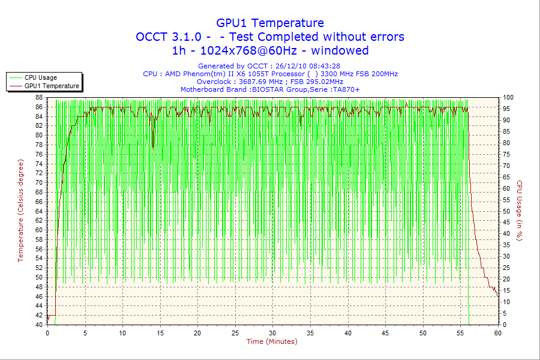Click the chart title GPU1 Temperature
[270, 23]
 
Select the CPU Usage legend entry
[41, 77]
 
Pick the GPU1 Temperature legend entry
[52, 86]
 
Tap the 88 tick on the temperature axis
[38, 97]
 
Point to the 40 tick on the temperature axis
[38, 325]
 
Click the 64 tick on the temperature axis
[38, 211]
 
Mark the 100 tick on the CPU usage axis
[508, 97]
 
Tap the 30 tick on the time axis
[273, 333]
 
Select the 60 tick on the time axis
[497, 333]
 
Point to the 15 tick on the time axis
[160, 333]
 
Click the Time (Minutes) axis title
[272, 341]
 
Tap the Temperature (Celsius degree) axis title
[21, 211]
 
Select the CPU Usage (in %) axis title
[520, 211]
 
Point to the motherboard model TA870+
[346, 89]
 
